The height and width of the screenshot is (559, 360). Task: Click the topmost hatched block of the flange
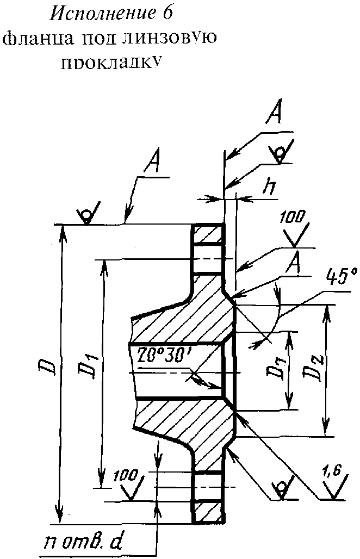point(207,237)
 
